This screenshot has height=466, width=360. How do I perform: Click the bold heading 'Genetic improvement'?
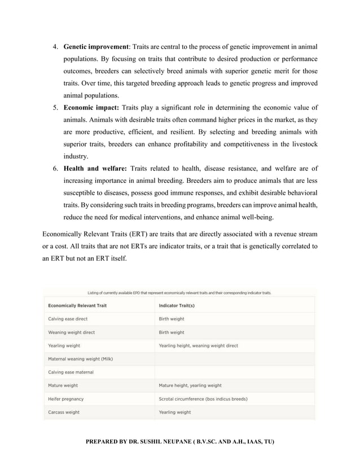coord(96,46)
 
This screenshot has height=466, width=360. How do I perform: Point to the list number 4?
coord(55,46)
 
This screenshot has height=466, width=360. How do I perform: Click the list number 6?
coord(55,168)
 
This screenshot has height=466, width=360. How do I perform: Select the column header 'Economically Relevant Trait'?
coord(77,305)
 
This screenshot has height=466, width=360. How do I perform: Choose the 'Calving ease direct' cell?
coord(68,319)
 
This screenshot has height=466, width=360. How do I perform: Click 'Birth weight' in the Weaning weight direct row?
coord(172,332)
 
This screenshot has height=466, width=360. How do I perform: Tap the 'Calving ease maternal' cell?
coord(71,372)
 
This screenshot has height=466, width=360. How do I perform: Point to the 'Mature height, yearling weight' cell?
coord(190,386)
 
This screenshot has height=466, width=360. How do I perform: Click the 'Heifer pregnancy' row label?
coord(65,399)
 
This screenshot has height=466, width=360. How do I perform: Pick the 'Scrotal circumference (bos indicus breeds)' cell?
coord(203,399)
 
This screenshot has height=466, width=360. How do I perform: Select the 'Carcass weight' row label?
coord(64,412)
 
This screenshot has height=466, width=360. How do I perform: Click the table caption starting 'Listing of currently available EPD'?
coord(179,293)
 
